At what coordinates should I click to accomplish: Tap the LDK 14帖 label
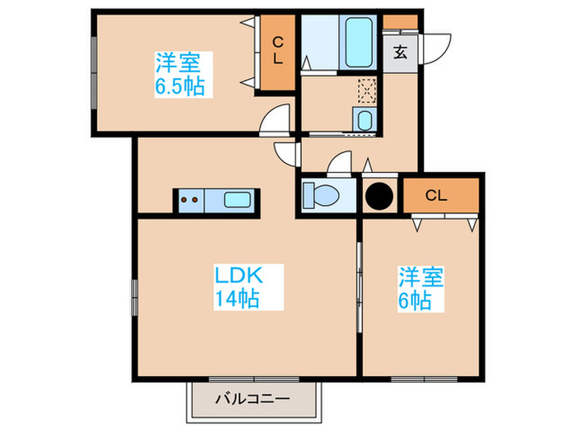pos(239,286)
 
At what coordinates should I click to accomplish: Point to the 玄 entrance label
pos(400,53)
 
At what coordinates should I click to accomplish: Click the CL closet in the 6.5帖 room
pos(277,52)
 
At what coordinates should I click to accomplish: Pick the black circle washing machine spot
pos(380,197)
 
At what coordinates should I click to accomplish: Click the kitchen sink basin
pos(239,199)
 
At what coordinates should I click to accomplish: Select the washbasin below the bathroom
pos(365,119)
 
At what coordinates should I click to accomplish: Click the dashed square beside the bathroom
pos(367,89)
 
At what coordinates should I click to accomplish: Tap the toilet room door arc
pos(339,165)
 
